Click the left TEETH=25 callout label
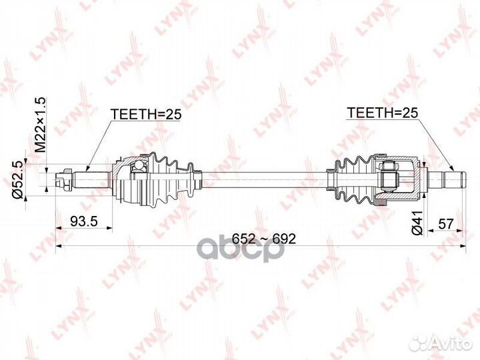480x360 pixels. click(x=146, y=115)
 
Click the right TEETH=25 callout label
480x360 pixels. click(x=382, y=113)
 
